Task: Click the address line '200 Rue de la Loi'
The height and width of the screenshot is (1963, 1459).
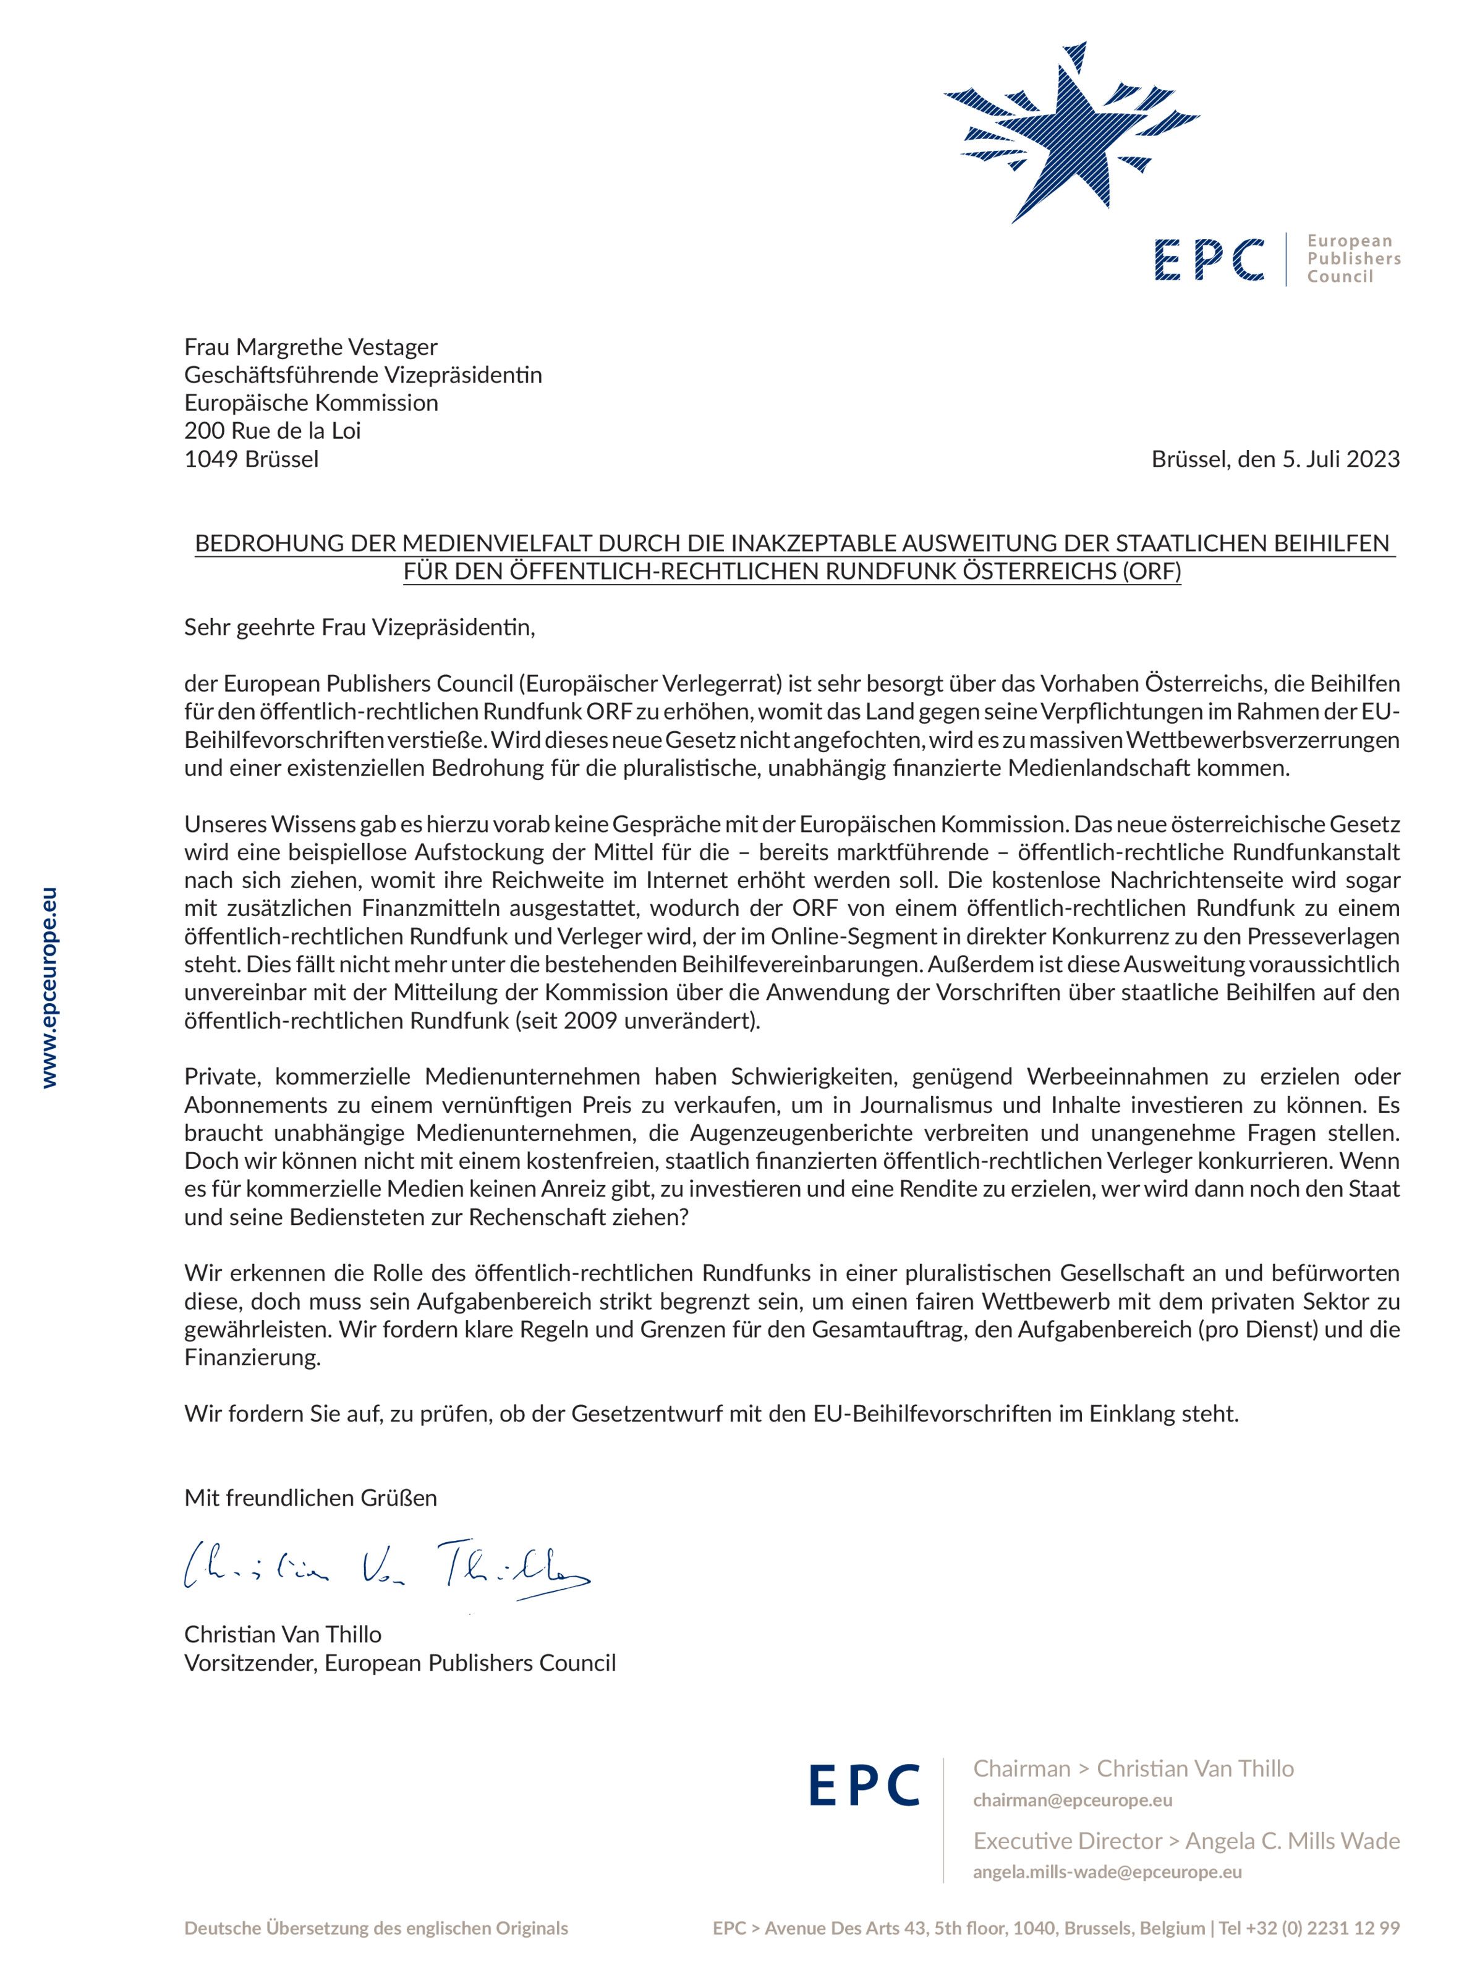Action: coord(272,431)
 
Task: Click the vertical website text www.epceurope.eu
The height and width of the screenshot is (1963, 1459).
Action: coord(49,987)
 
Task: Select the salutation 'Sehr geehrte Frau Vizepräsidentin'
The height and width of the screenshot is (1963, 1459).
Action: coord(359,628)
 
